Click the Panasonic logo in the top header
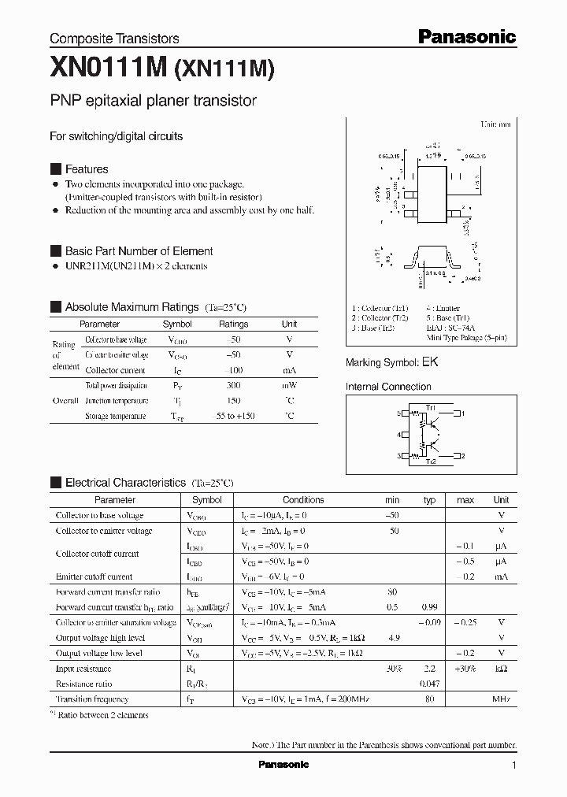point(466,36)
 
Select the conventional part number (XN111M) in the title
point(223,70)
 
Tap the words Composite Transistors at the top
point(114,39)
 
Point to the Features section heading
point(86,169)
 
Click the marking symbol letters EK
point(430,363)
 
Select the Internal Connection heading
point(388,387)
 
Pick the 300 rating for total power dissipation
point(233,386)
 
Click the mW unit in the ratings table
point(289,386)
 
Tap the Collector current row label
point(115,370)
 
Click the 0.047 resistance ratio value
point(429,684)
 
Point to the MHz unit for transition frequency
point(501,699)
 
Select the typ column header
point(429,500)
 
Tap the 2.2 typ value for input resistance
point(429,669)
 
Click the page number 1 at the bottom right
point(513,765)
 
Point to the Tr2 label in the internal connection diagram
point(431,462)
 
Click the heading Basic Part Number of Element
point(139,251)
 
